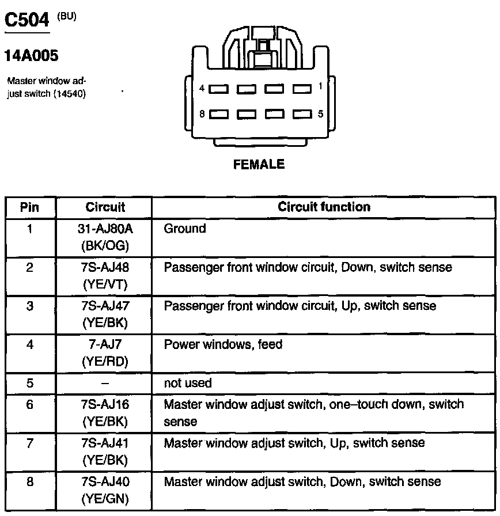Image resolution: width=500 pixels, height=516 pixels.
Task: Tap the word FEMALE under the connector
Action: (x=259, y=165)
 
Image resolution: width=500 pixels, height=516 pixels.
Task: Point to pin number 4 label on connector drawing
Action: (x=202, y=89)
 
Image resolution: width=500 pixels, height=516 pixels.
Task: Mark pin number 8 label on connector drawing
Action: (x=202, y=114)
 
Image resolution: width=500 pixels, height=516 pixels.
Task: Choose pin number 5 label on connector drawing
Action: (x=320, y=114)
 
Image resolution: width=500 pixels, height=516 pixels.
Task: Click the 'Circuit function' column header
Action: (x=324, y=207)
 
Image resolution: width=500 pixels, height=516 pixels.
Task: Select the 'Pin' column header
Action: (x=29, y=207)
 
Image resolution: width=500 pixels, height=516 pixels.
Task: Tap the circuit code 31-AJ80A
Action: (x=105, y=229)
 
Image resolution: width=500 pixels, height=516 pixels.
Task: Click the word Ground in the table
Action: (x=184, y=229)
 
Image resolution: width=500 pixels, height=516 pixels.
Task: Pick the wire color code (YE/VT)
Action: (x=105, y=284)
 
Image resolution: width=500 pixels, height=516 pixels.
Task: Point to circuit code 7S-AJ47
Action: (x=105, y=306)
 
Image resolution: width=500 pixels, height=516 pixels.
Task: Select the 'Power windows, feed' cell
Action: (x=223, y=344)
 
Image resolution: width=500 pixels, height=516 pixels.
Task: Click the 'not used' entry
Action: (x=188, y=383)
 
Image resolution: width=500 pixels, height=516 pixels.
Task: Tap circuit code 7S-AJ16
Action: (x=105, y=404)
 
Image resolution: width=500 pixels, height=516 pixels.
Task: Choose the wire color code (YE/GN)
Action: (x=105, y=499)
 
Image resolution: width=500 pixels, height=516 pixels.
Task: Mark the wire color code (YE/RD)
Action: (x=105, y=361)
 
